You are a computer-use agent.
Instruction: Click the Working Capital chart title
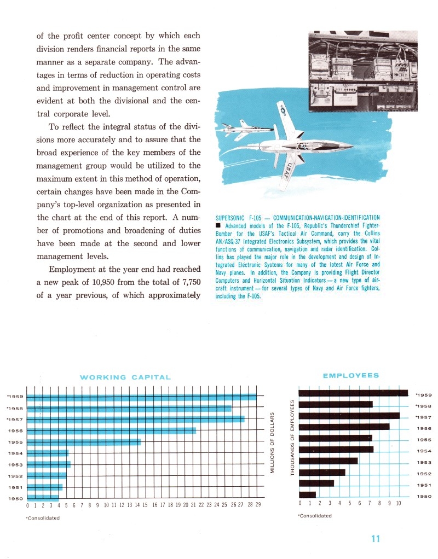[125, 377]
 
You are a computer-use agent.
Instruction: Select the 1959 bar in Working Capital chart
[141, 397]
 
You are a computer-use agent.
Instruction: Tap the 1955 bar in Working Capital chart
[83, 441]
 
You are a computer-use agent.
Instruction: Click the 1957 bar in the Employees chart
[349, 416]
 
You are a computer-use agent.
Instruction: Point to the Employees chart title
[350, 375]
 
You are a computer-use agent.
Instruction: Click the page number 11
[375, 539]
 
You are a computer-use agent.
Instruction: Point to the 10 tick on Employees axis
[399, 503]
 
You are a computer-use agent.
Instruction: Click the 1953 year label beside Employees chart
[424, 463]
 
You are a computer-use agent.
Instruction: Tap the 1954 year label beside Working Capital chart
[14, 453]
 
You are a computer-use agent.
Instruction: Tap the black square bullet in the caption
[218, 226]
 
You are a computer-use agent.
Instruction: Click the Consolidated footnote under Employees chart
[315, 515]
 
